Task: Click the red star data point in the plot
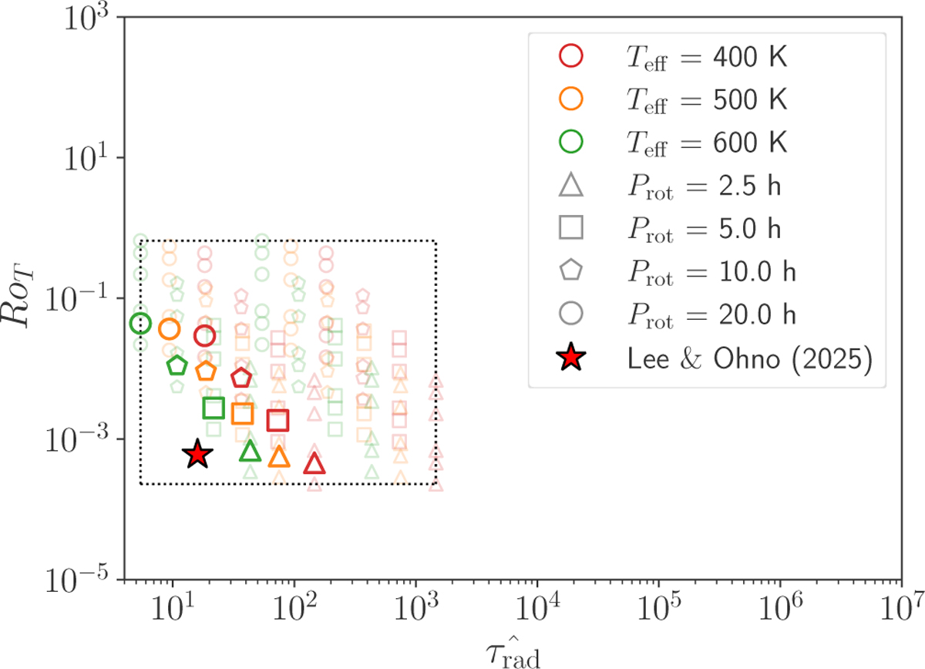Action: coord(197,455)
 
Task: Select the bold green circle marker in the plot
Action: coord(140,324)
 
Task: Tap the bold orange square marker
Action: coord(243,414)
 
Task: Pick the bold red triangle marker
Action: coord(314,464)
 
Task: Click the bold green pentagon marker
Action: coord(177,365)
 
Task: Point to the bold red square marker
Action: coord(277,420)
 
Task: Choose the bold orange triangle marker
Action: coord(279,457)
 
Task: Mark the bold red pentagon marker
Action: coord(241,378)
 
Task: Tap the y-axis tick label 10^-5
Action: coord(82,580)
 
